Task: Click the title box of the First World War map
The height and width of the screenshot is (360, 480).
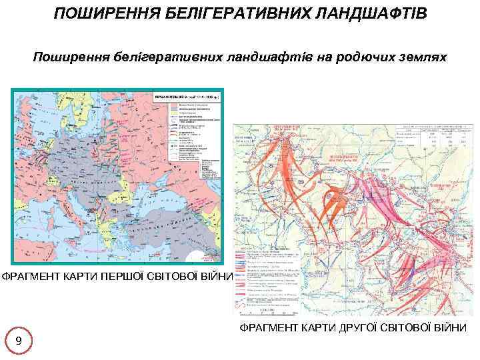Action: (186, 97)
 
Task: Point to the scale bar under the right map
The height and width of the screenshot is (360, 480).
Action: (267, 310)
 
